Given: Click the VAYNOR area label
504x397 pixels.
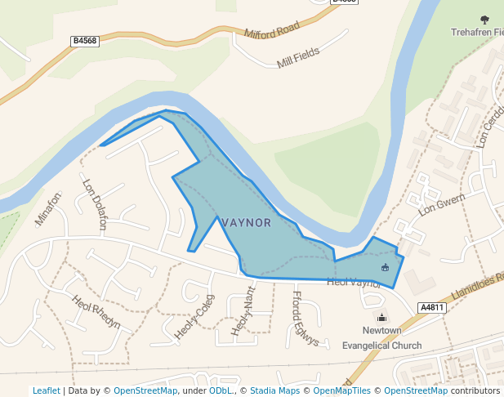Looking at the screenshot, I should tap(246, 223).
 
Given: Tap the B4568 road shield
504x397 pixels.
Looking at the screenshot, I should tap(85, 40).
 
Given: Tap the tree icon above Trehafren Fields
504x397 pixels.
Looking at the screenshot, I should tap(484, 20).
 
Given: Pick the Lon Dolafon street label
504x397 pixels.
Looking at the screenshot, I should tap(95, 197).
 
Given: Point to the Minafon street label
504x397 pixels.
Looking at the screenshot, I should tap(48, 208).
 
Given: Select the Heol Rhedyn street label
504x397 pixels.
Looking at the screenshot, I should tap(96, 312).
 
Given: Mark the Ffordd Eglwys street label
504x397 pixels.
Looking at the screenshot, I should tap(304, 318).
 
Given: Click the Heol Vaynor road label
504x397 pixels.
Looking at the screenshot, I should tap(354, 283).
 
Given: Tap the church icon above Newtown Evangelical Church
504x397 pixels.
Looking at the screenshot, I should tap(381, 317).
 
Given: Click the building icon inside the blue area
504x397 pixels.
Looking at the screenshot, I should tap(386, 267).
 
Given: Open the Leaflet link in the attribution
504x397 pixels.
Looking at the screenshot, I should tap(46, 390).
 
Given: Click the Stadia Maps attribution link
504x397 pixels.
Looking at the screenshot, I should tap(274, 390).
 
